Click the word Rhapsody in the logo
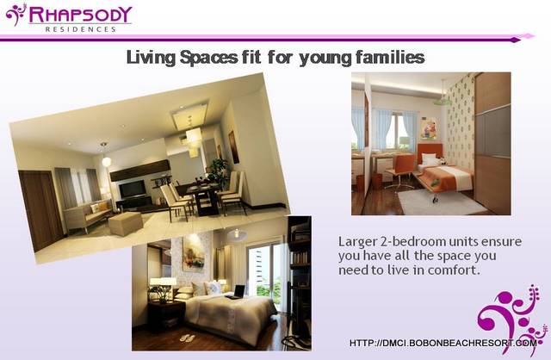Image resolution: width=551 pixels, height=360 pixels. click(80, 15)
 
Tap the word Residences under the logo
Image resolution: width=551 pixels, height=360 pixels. click(80, 29)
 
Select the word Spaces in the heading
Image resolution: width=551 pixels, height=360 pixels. click(208, 58)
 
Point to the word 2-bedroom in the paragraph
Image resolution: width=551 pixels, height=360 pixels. click(409, 241)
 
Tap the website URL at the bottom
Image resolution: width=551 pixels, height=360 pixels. click(443, 343)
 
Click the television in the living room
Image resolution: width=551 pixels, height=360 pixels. click(133, 189)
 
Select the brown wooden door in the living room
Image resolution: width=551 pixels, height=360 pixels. click(42, 209)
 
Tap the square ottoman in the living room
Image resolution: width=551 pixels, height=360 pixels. click(126, 224)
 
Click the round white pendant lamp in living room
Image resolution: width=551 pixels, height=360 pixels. click(106, 161)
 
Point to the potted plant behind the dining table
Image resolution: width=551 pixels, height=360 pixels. click(218, 171)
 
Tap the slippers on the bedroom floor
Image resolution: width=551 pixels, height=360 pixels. click(188, 338)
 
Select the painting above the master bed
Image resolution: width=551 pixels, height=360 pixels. click(194, 252)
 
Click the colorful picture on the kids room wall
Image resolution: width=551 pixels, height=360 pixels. click(429, 129)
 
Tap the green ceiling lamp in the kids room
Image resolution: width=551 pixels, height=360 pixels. click(442, 102)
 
